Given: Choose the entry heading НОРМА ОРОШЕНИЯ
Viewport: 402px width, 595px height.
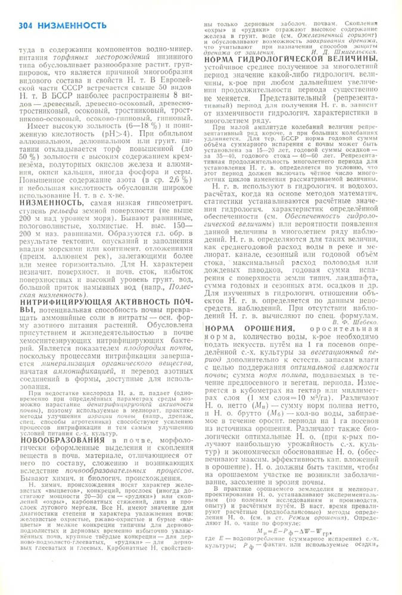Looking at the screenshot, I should [x=250, y=329].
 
